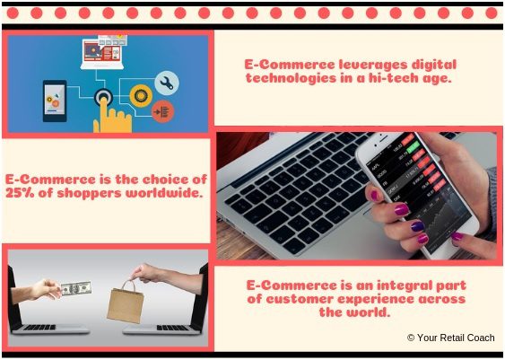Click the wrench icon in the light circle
[x=167, y=83]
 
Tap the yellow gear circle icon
[x=141, y=96]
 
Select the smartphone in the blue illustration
[x=55, y=101]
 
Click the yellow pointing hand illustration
[x=112, y=117]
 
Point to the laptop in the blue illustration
[x=102, y=53]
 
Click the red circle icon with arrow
[x=163, y=112]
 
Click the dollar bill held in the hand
[x=76, y=288]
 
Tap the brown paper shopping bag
[x=126, y=302]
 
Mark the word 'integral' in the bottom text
[x=405, y=285]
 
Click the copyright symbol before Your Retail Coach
[x=411, y=338]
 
